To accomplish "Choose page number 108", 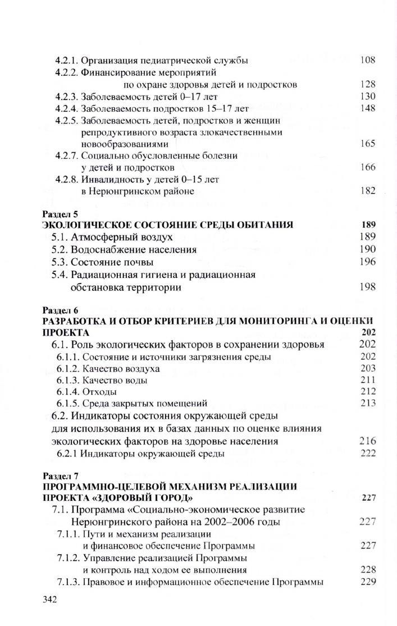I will [367, 60].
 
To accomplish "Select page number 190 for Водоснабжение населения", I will [367, 249].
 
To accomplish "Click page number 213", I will [368, 403].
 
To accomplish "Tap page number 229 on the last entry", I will [368, 581].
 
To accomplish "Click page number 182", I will [367, 191].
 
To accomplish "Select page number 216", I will [368, 442].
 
